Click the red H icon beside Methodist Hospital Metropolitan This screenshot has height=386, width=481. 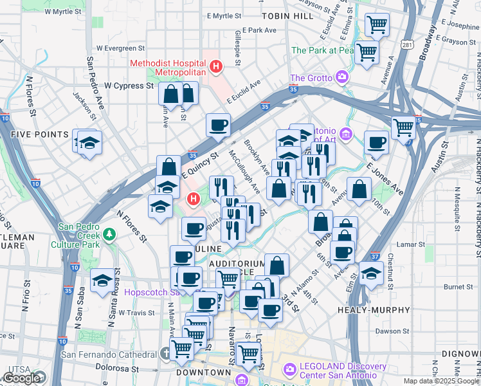[x=217, y=66]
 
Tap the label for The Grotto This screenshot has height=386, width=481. [x=311, y=78]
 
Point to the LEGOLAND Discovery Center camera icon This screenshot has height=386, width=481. [x=289, y=369]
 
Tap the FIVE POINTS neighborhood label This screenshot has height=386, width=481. [x=39, y=134]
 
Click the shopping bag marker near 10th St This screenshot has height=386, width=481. [x=359, y=188]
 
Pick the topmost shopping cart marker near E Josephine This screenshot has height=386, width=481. [x=377, y=24]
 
